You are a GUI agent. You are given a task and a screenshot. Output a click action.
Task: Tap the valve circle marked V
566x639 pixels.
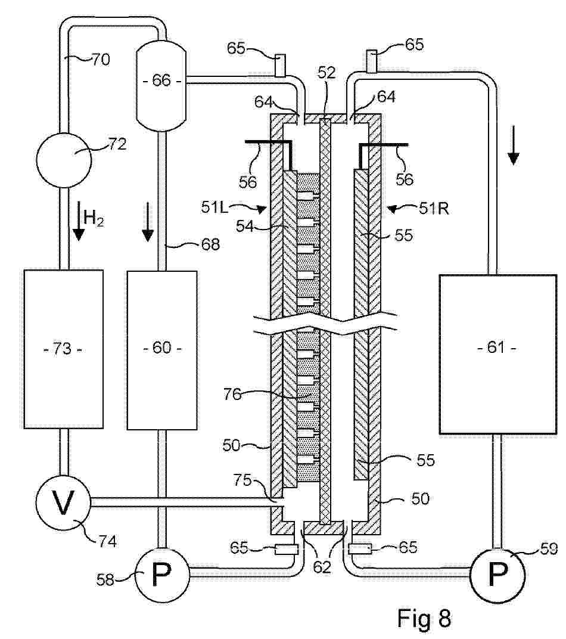click(63, 504)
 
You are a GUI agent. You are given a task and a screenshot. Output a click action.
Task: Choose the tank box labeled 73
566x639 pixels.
click(63, 349)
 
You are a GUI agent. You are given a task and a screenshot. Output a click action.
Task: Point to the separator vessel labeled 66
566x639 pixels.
click(161, 80)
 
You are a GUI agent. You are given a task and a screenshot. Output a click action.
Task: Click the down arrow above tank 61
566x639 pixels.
click(514, 157)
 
